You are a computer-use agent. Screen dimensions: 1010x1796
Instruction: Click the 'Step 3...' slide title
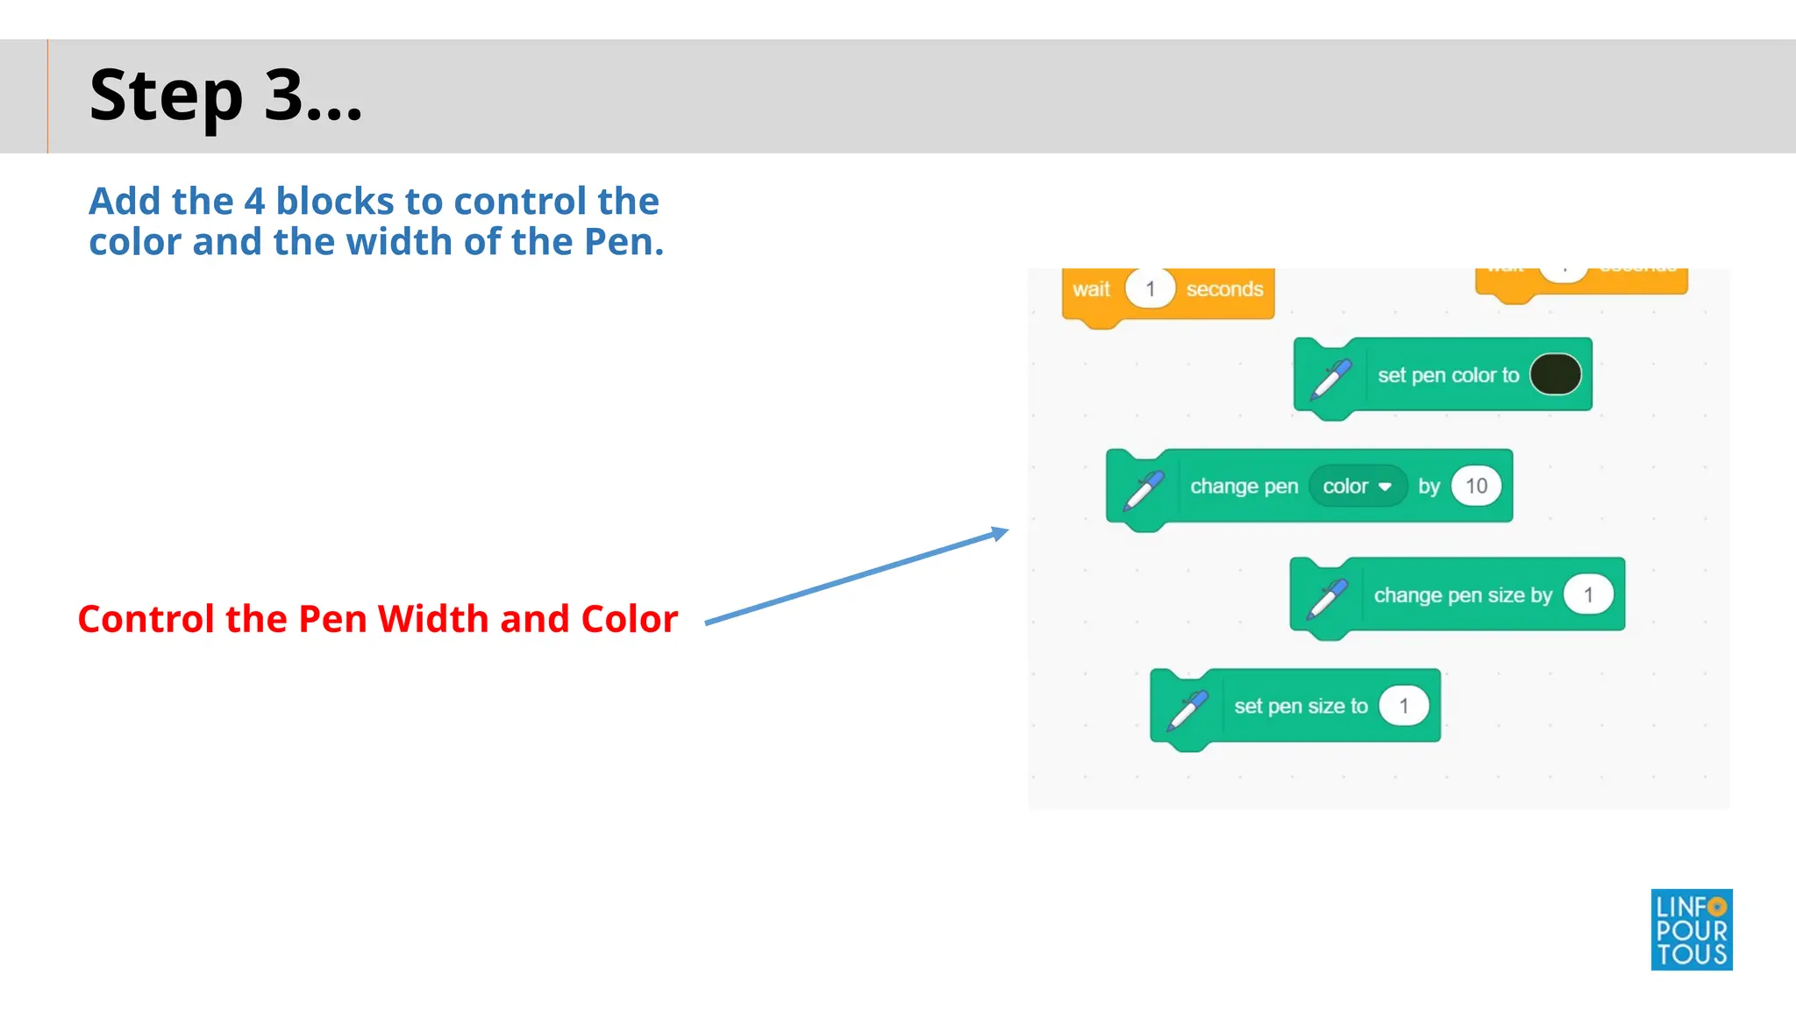225,96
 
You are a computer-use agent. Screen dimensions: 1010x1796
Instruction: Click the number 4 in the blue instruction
254,202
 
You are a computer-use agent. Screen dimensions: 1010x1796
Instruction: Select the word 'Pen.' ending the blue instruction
624,242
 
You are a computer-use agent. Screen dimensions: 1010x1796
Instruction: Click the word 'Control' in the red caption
146,619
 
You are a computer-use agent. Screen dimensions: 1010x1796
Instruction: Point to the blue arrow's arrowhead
1000,533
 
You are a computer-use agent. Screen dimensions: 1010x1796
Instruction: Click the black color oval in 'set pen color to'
1555,374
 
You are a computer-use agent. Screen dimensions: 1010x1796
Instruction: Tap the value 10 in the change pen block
1476,486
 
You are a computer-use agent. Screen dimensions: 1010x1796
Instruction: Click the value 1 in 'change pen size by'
1588,595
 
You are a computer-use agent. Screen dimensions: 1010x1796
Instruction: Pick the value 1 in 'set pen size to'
1403,706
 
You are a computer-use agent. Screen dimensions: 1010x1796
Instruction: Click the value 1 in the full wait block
1150,289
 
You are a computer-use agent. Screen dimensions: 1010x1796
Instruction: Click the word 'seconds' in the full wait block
1224,289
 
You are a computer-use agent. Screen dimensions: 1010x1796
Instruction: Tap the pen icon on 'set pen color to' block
1330,379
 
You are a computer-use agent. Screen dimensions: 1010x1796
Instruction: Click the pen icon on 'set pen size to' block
1187,710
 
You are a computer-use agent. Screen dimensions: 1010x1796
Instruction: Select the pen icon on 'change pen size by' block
1327,599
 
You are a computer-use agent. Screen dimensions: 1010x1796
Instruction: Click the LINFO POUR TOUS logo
1691,929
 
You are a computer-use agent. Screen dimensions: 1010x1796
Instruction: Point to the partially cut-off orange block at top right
1581,281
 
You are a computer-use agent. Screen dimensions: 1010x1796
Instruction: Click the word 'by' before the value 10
1429,487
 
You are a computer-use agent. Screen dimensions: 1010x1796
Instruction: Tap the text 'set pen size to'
1300,707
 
